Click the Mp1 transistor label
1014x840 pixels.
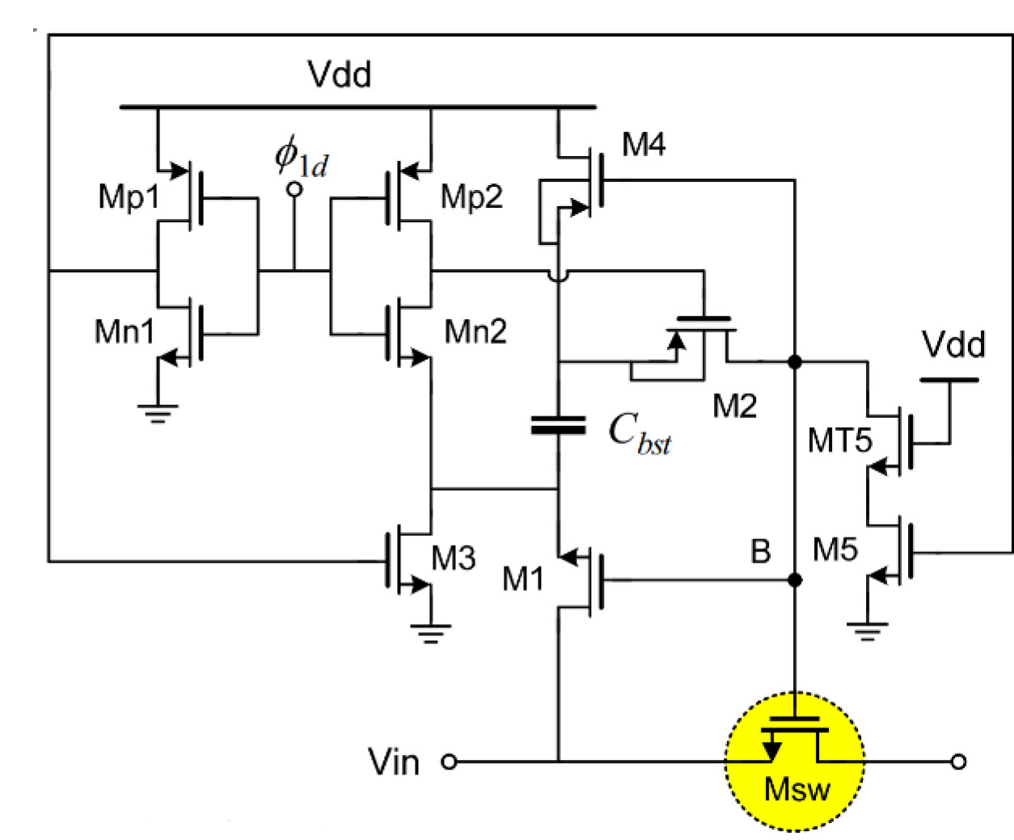129,196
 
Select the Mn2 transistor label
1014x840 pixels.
475,331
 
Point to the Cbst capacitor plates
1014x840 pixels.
558,425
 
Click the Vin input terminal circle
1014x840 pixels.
449,762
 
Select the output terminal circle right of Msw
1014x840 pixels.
958,762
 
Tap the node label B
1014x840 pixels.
760,551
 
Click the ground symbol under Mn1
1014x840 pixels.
158,414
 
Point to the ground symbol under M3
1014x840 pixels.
430,632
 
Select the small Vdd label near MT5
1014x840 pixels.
953,345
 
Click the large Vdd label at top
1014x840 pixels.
340,74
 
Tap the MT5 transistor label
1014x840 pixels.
840,441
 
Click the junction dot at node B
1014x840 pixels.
795,580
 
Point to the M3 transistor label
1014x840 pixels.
454,558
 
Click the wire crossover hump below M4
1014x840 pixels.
558,276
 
